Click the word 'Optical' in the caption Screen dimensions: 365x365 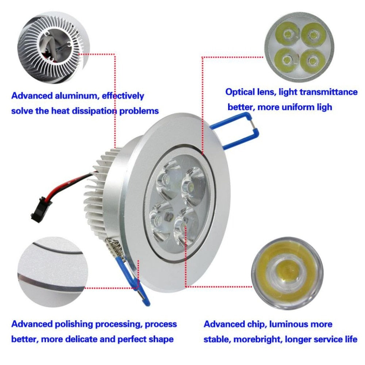pyautogui.click(x=239, y=92)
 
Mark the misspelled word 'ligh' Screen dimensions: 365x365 pyautogui.click(x=323, y=107)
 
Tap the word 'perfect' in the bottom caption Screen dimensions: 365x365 pyautogui.click(x=132, y=339)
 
